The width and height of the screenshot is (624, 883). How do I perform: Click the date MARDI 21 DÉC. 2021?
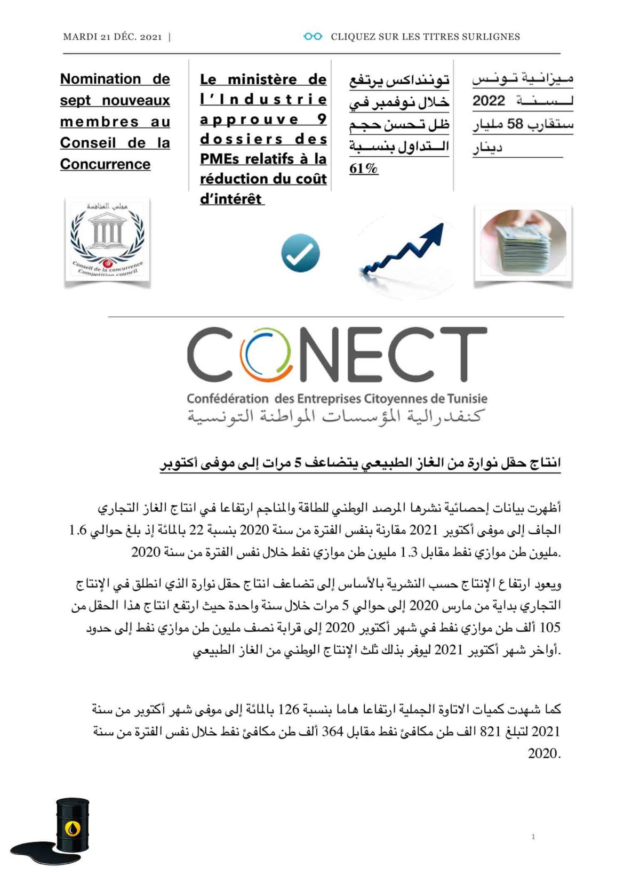112,37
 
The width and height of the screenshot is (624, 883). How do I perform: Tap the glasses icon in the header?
313,36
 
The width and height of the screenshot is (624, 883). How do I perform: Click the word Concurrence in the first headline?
105,164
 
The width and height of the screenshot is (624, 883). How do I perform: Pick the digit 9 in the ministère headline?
321,118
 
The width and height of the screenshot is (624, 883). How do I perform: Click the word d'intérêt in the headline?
231,198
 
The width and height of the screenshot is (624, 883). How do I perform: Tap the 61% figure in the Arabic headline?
364,168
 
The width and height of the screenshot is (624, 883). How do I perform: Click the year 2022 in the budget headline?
489,101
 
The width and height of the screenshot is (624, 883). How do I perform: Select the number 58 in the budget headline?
515,124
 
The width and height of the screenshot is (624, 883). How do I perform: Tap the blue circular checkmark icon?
300,253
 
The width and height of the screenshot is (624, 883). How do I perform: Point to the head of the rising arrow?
437,230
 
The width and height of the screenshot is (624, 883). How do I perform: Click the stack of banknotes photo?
523,244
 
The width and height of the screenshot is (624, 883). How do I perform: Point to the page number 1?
533,837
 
